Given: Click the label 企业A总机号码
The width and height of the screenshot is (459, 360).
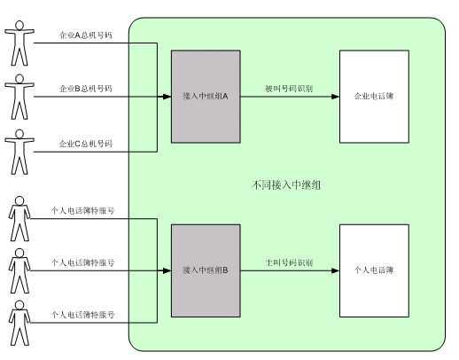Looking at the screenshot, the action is pyautogui.click(x=86, y=35).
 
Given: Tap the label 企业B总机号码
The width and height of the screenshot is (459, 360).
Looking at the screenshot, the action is pyautogui.click(x=86, y=89).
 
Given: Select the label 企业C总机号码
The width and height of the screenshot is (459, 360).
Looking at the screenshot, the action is pyautogui.click(x=86, y=144).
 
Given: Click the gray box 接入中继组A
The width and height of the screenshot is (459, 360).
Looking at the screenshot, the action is pyautogui.click(x=206, y=97).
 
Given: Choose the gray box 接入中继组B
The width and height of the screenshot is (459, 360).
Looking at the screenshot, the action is pyautogui.click(x=206, y=270).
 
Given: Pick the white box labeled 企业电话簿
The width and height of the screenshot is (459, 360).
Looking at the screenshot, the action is pyautogui.click(x=374, y=97).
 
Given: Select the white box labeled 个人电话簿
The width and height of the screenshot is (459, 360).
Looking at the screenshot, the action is pyautogui.click(x=374, y=270).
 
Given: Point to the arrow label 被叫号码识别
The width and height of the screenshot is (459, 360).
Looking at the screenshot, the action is pyautogui.click(x=289, y=89).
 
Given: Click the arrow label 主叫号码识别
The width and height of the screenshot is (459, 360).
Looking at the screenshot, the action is pyautogui.click(x=289, y=262).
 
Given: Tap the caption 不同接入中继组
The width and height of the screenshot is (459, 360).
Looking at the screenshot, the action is pyautogui.click(x=286, y=185).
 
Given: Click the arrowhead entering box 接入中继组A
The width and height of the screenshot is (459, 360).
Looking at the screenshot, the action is pyautogui.click(x=167, y=97).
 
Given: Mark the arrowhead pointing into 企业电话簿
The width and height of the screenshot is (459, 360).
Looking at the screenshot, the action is pyautogui.click(x=336, y=97).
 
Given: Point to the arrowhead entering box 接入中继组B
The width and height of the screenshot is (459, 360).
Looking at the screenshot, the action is pyautogui.click(x=167, y=270).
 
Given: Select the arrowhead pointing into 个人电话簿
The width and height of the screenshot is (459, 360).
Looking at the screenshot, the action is pyautogui.click(x=336, y=270).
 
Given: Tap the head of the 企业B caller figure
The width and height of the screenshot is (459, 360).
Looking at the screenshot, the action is pyautogui.click(x=19, y=79).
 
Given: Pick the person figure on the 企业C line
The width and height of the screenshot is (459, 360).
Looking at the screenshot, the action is pyautogui.click(x=19, y=152).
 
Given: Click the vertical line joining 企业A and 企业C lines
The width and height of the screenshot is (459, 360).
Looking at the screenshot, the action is pyautogui.click(x=157, y=98).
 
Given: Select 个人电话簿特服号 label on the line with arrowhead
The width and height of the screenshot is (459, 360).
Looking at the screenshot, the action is pyautogui.click(x=82, y=262).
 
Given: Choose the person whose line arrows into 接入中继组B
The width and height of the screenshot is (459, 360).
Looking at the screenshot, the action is pyautogui.click(x=19, y=270).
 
